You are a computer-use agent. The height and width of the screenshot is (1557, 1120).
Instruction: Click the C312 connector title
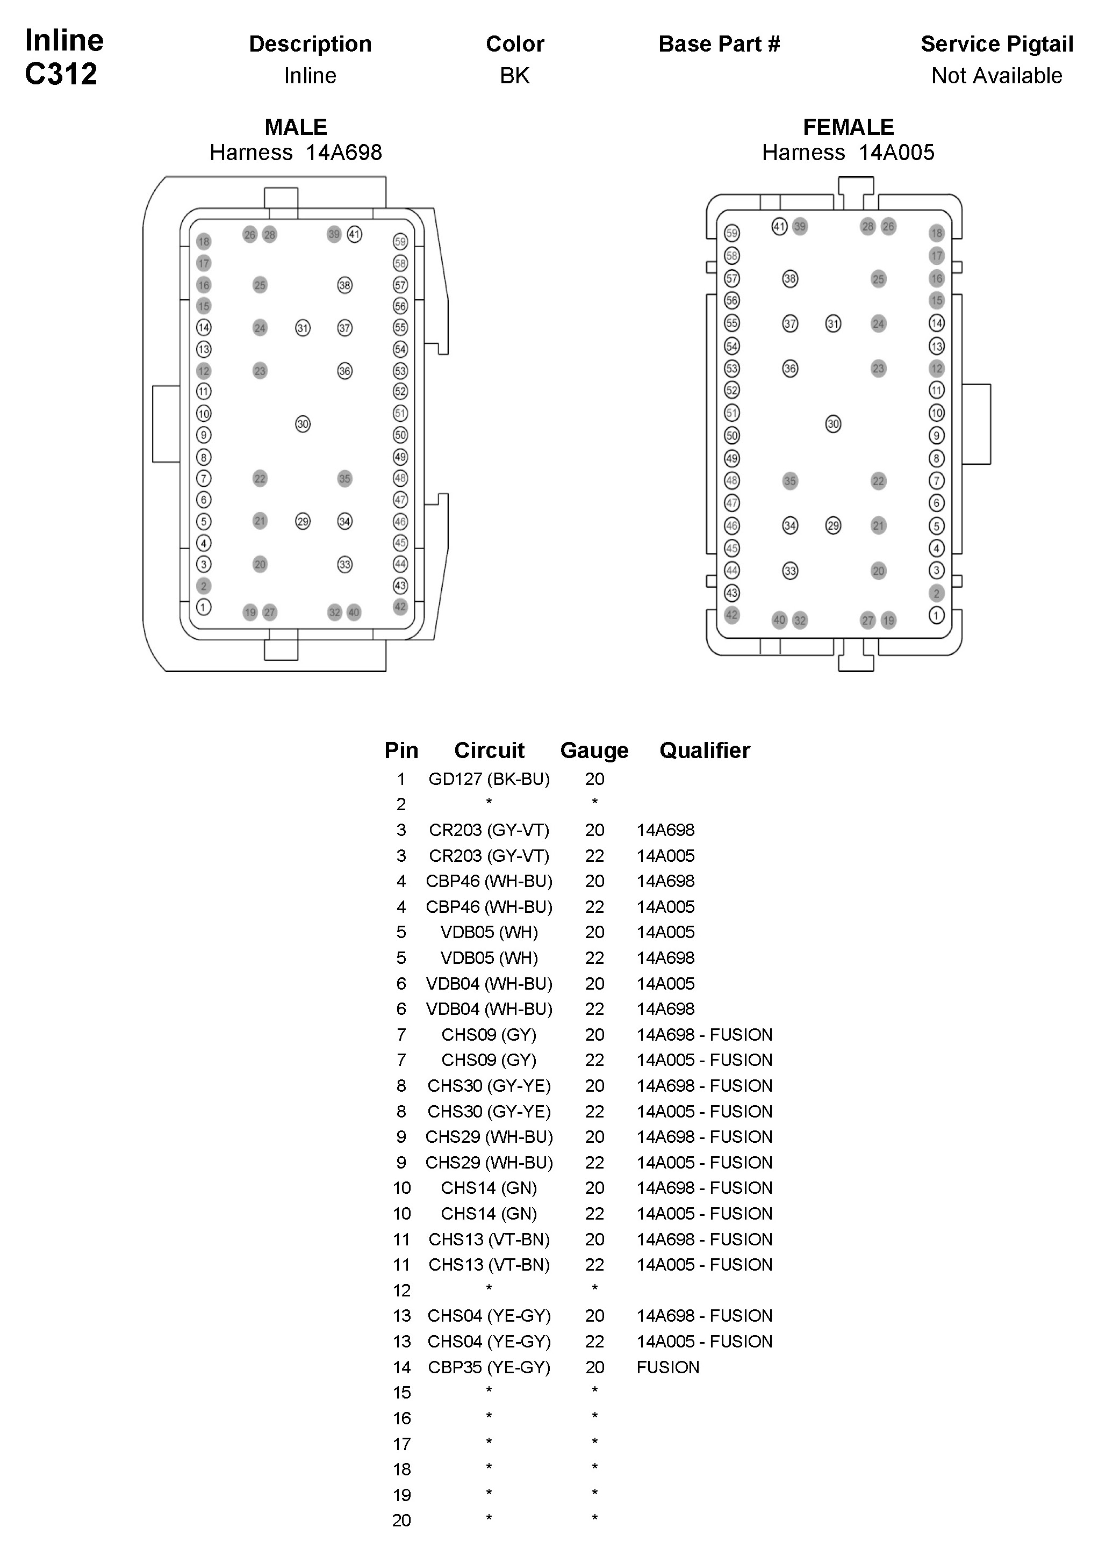pyautogui.click(x=61, y=74)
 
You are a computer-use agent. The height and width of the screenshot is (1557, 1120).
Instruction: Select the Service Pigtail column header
pyautogui.click(x=996, y=44)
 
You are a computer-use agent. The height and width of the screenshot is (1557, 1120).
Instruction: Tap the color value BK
pyautogui.click(x=514, y=76)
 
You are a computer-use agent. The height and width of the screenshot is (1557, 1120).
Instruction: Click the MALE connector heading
pyautogui.click(x=295, y=127)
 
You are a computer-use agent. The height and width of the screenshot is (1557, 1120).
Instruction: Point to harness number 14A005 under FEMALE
pyautogui.click(x=896, y=153)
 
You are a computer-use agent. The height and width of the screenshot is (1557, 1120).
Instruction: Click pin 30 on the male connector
pyautogui.click(x=303, y=424)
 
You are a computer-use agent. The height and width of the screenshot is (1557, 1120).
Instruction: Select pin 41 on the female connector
pyautogui.click(x=779, y=227)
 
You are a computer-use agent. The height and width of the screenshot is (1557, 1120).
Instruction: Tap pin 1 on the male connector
pyautogui.click(x=203, y=607)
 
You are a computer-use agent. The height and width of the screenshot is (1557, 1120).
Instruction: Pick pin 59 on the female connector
pyautogui.click(x=732, y=233)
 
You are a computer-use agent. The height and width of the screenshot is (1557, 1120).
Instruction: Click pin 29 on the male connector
pyautogui.click(x=303, y=522)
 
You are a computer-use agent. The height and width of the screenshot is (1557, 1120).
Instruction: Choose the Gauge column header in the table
pyautogui.click(x=594, y=751)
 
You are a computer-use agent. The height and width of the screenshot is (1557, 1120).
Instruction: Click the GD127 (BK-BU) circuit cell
pyautogui.click(x=489, y=779)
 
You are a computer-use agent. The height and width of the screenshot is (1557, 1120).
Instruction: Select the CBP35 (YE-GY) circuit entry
pyautogui.click(x=489, y=1367)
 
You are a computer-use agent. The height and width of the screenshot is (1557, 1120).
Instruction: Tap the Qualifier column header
pyautogui.click(x=705, y=751)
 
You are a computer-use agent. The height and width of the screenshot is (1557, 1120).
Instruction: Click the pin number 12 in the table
pyautogui.click(x=401, y=1291)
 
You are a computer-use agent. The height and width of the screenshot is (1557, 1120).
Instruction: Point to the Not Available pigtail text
pyautogui.click(x=996, y=76)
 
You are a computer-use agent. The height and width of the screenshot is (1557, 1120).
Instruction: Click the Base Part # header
pyautogui.click(x=719, y=44)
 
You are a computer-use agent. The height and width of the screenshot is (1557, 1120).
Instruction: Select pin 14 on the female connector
pyautogui.click(x=937, y=323)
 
